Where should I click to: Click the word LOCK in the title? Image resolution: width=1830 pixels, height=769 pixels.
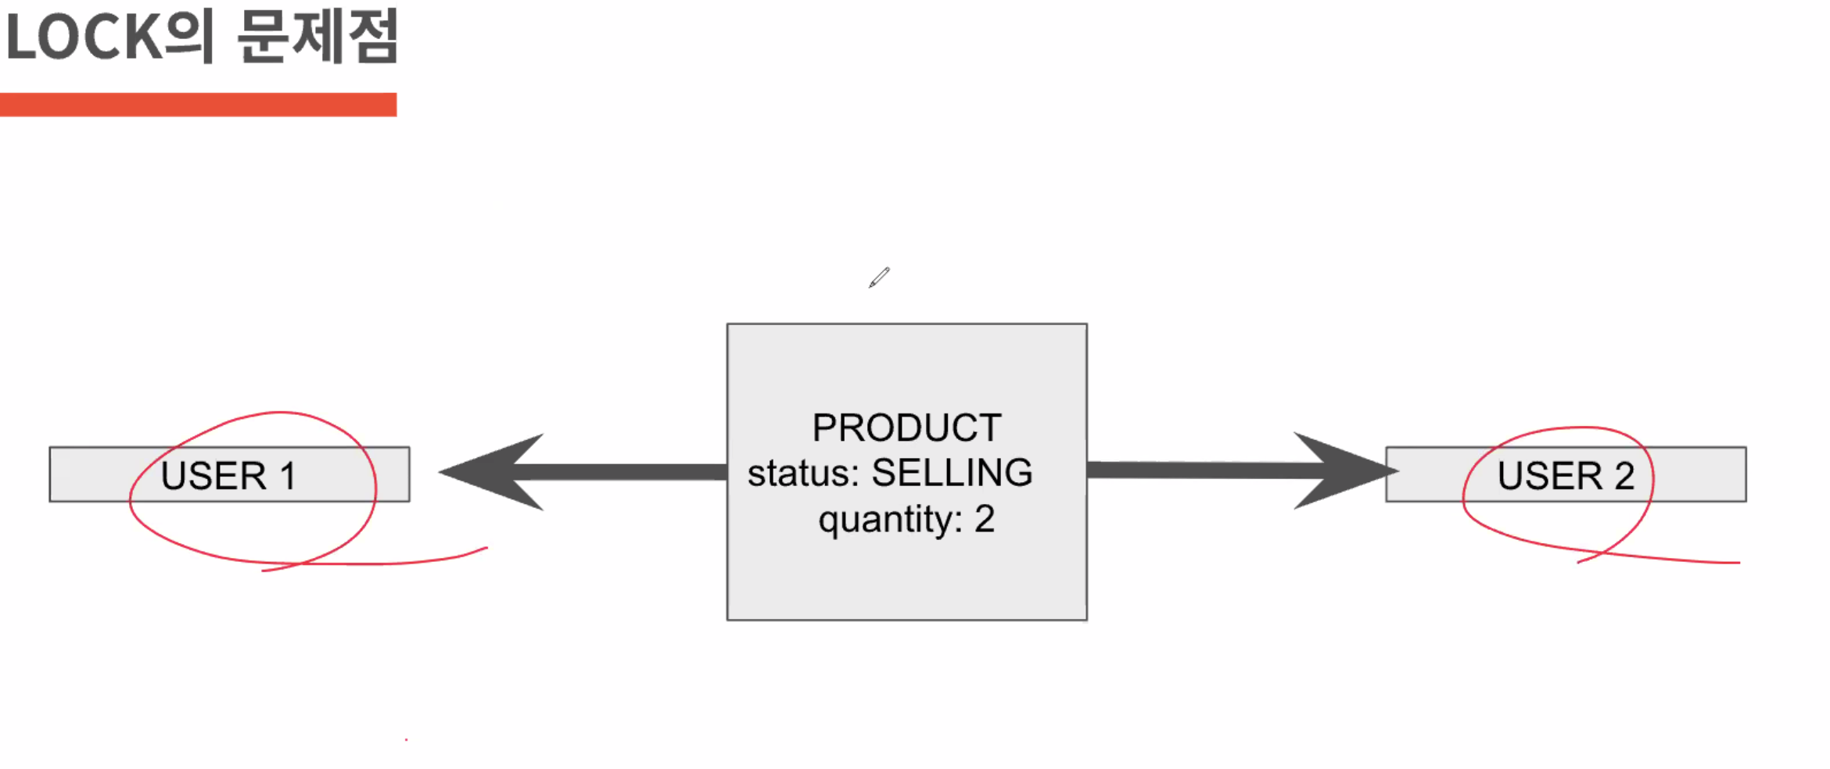(84, 38)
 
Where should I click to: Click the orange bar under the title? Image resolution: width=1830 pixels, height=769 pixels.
(199, 105)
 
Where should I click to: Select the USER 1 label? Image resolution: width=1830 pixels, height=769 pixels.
(228, 476)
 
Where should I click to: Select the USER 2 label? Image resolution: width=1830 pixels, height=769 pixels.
(1566, 476)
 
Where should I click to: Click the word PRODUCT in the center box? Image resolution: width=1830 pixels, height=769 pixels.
(906, 427)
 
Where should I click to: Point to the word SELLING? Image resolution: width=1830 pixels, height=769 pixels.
(952, 473)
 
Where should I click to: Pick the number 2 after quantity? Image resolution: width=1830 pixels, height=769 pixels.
(985, 519)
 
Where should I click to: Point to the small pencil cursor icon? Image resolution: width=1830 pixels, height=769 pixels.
(879, 277)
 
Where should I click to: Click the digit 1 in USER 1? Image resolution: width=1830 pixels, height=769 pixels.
(287, 476)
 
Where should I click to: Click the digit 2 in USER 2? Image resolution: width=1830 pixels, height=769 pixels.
(1624, 476)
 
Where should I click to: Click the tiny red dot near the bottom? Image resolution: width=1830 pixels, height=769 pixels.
(406, 739)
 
